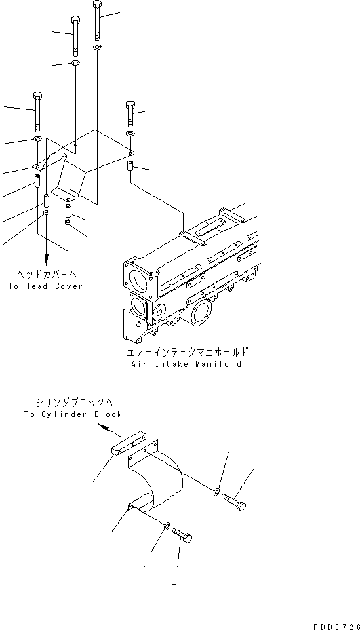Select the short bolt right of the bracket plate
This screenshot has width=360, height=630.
[131, 113]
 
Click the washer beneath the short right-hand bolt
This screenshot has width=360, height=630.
[131, 136]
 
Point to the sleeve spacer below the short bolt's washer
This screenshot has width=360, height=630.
[131, 166]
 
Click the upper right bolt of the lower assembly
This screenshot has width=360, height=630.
[235, 502]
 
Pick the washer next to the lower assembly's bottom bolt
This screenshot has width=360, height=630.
[166, 524]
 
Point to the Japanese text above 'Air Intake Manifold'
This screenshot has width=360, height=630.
[187, 352]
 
